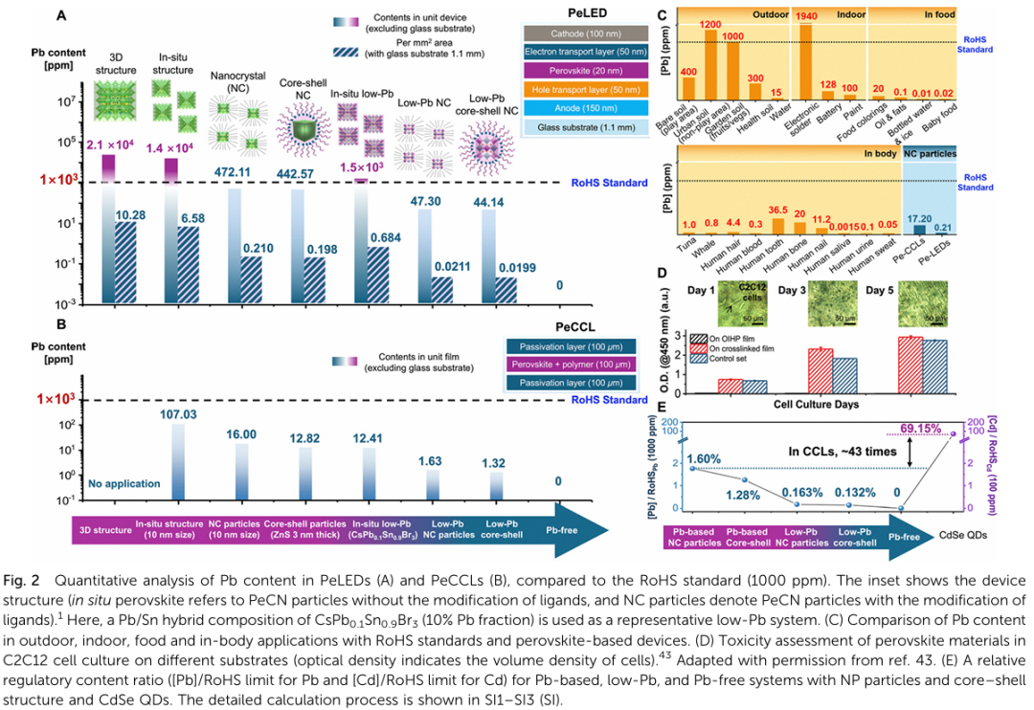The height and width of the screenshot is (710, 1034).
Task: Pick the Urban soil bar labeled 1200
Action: tap(711, 66)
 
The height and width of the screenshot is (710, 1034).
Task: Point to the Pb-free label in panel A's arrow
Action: tap(559, 528)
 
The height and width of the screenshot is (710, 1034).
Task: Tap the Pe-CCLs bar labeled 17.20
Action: tap(923, 227)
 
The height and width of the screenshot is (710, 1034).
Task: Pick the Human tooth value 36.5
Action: tap(776, 210)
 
